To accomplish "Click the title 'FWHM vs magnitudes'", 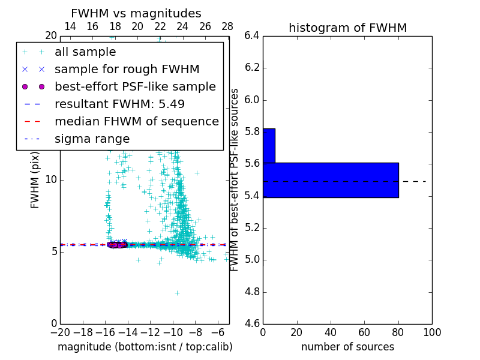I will point(136,13).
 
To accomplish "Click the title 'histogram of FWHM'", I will point(347,28).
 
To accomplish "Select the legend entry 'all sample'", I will point(85,52).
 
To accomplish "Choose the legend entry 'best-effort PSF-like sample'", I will point(135,86).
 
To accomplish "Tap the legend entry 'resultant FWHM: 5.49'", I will point(119,104).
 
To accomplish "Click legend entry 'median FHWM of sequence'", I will point(136,121).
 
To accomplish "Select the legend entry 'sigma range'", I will point(92,139).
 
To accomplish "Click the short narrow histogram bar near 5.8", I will point(269,146).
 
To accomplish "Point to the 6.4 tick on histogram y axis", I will point(251,35).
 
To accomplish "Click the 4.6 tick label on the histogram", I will point(251,324).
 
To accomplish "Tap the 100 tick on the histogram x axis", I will point(431,332).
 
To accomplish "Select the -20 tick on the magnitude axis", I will point(60,332).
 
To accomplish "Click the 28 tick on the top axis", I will point(227,26).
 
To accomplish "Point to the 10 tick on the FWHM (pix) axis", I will point(51,180).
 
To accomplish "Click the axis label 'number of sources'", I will point(347,347).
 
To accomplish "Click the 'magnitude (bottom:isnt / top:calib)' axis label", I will point(145,347).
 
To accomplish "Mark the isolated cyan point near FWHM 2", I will point(177,293).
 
